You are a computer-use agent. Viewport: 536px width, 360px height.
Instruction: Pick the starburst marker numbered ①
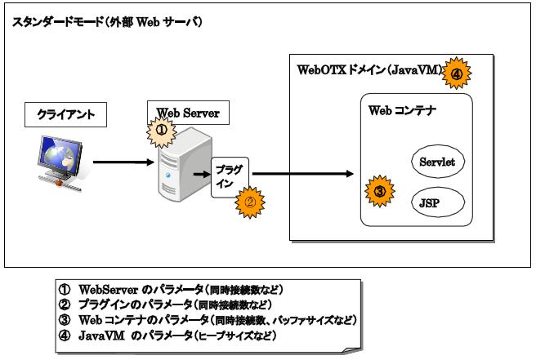(x=162, y=129)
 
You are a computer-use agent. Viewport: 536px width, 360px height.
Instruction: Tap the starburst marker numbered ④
(x=457, y=73)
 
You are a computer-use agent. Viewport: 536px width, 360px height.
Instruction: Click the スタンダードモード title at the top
(x=107, y=22)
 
